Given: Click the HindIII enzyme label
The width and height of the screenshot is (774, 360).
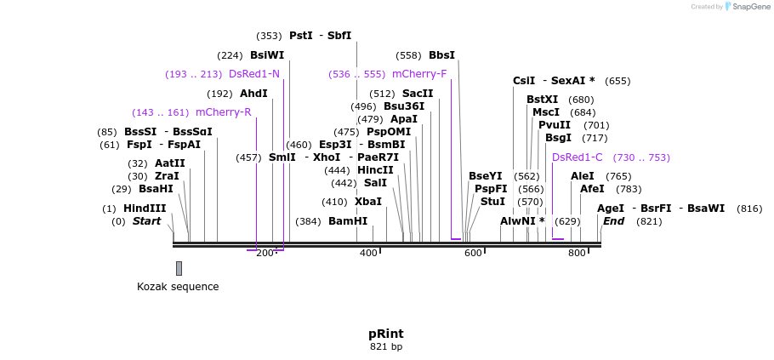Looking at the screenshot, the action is point(145,209).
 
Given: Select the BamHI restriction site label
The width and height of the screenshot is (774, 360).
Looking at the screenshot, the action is point(348,221).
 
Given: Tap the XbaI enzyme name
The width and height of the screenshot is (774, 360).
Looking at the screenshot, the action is point(368,202).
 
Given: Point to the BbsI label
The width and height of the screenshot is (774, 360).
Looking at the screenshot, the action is point(441,55).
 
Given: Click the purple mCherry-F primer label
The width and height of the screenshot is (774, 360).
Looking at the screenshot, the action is point(419,74).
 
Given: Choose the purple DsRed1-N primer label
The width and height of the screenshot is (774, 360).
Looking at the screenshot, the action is point(254,74).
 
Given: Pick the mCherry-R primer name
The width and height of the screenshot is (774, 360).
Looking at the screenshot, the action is point(224,112).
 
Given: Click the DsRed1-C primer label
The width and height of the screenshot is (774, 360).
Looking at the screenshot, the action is point(577,157).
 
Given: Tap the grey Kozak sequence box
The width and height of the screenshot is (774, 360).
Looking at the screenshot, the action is point(179,268).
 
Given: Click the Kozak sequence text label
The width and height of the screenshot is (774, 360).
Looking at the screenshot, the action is point(178,287).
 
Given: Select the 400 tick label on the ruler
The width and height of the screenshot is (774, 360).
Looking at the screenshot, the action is point(369,254).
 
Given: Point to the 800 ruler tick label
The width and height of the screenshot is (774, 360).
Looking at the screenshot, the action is point(577,254).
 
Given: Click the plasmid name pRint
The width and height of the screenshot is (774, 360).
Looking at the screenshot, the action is point(386,334).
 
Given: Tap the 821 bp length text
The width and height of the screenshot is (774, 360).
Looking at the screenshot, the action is point(386,346).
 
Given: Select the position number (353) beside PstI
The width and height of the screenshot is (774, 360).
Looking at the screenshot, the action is point(269,36).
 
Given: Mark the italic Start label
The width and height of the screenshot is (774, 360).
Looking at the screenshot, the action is point(146,221).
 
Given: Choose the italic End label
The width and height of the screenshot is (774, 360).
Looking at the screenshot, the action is point(613,221).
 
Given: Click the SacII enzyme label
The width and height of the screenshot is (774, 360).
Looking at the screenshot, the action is point(418,94).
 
